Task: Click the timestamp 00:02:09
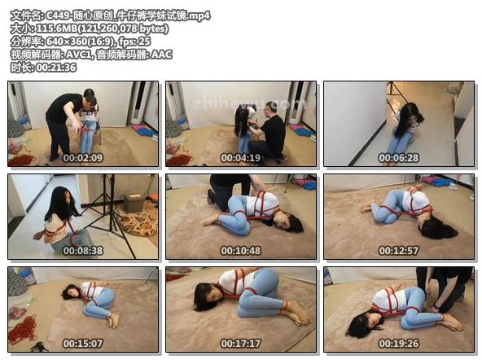tap(83, 158)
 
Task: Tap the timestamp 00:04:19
tap(241, 158)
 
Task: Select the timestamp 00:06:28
tap(399, 158)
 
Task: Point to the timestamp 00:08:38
tap(83, 251)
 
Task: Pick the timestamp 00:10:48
tap(241, 251)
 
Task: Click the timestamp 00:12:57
tap(399, 251)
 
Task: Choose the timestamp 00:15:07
tap(83, 344)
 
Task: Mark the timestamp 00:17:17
tap(241, 344)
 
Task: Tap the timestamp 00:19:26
tap(399, 344)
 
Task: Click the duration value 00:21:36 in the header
tap(56, 68)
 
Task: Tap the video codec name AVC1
tap(78, 55)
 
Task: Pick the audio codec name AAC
tap(161, 55)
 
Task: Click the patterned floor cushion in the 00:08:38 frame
tap(138, 223)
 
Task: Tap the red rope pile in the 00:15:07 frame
tap(24, 330)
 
